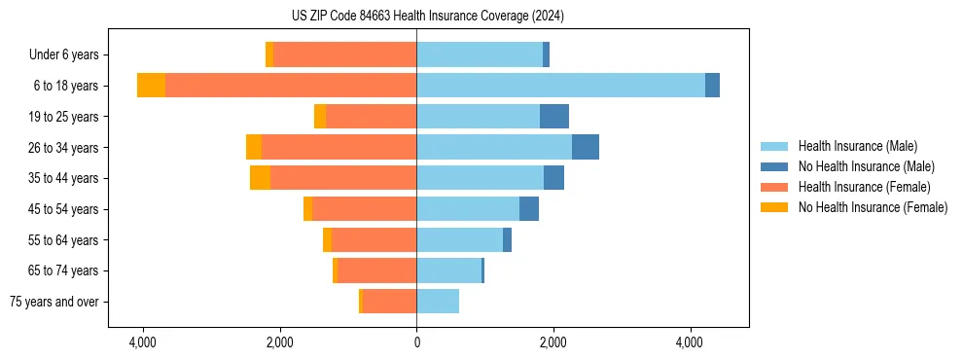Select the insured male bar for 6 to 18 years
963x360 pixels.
pyautogui.click(x=560, y=86)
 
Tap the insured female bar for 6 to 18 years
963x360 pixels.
pyautogui.click(x=291, y=86)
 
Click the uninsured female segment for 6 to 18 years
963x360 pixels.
pyautogui.click(x=151, y=86)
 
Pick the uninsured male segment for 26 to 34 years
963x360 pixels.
pyautogui.click(x=585, y=147)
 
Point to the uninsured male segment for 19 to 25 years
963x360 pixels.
pyautogui.click(x=554, y=117)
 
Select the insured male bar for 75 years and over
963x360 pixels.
pyautogui.click(x=438, y=302)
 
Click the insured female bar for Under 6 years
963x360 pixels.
pyautogui.click(x=344, y=54)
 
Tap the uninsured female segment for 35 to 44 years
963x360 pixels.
pyautogui.click(x=260, y=178)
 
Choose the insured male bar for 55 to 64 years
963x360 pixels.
pyautogui.click(x=459, y=240)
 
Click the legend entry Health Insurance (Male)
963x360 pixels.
pyautogui.click(x=856, y=146)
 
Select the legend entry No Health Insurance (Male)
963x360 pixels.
pyautogui.click(x=865, y=166)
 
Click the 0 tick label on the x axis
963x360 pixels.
pyautogui.click(x=416, y=342)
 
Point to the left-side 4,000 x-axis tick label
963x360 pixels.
pyautogui.click(x=143, y=342)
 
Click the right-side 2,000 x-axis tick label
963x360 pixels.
pyautogui.click(x=553, y=342)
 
